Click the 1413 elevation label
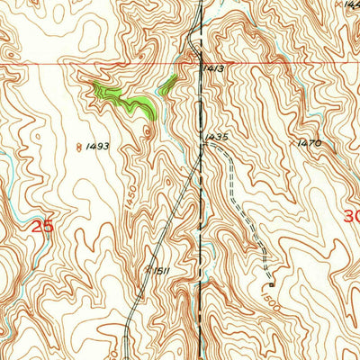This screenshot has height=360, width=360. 212,67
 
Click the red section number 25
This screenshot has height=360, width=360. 42,227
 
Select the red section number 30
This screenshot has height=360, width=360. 352,216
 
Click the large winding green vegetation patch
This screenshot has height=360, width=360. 126,99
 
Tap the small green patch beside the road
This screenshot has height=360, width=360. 167,85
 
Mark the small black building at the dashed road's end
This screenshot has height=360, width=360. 267,275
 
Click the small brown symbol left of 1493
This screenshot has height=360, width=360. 79,145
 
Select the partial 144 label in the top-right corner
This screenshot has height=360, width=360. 352,4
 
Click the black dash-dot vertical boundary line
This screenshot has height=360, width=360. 200,225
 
